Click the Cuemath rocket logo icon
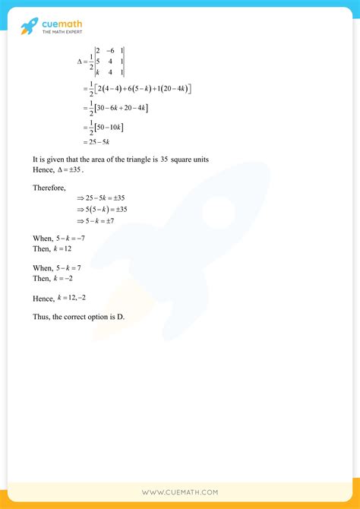(30, 27)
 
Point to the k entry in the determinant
(96, 73)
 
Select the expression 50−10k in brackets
(113, 126)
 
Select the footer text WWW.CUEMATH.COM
(180, 492)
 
